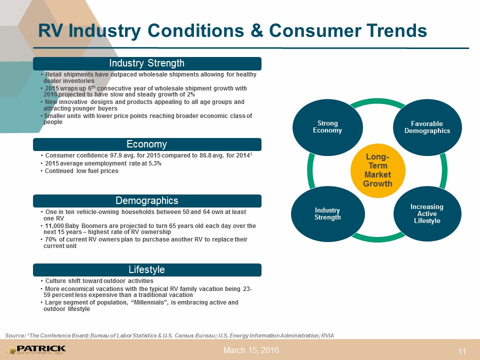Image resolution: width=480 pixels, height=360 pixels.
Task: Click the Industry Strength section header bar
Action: [x=147, y=63]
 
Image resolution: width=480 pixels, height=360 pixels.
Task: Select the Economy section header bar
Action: [x=147, y=144]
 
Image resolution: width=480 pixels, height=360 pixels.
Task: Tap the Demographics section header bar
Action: [x=147, y=201]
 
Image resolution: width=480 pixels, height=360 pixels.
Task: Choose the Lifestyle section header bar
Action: [x=147, y=269]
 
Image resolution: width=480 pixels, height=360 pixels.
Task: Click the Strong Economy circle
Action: [x=327, y=126]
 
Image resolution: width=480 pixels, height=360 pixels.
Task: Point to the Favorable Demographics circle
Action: [x=427, y=127]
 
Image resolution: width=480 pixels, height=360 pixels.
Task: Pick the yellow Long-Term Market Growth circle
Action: [x=378, y=170]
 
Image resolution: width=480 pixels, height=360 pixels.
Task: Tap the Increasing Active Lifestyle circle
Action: [x=427, y=213]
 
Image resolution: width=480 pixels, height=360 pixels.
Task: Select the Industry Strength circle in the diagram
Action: [x=327, y=213]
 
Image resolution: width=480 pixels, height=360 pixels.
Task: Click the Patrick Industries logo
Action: [x=36, y=349]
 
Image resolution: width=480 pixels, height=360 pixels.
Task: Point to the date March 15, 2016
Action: [x=251, y=350]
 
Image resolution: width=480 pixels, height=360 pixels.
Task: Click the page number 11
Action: [x=462, y=351]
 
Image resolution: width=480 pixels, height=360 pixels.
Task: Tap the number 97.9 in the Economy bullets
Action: [x=115, y=155]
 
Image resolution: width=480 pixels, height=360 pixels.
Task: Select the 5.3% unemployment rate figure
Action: [x=155, y=163]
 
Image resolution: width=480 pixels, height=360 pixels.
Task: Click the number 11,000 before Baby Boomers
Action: [x=54, y=226]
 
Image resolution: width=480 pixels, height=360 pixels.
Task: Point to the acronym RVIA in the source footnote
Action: [x=327, y=335]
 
